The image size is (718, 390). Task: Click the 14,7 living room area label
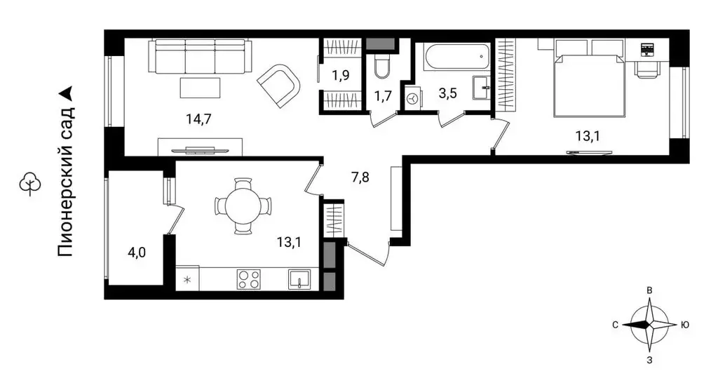198,119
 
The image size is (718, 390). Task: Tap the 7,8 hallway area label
360,177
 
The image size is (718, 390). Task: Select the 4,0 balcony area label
137,252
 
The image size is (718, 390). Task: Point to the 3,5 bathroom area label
447,93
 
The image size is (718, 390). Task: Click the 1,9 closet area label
341,74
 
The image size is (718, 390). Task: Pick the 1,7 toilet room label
383,96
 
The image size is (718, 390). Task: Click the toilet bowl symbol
381,67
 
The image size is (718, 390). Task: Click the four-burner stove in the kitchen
249,279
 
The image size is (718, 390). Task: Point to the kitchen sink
299,279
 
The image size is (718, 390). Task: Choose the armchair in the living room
279,86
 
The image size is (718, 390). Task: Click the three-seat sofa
201,56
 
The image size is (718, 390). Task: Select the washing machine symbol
414,99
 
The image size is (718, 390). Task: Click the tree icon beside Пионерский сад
30,184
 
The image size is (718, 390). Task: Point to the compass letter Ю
684,325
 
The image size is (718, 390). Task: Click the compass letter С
615,325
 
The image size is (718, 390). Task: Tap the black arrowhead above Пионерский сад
67,93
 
